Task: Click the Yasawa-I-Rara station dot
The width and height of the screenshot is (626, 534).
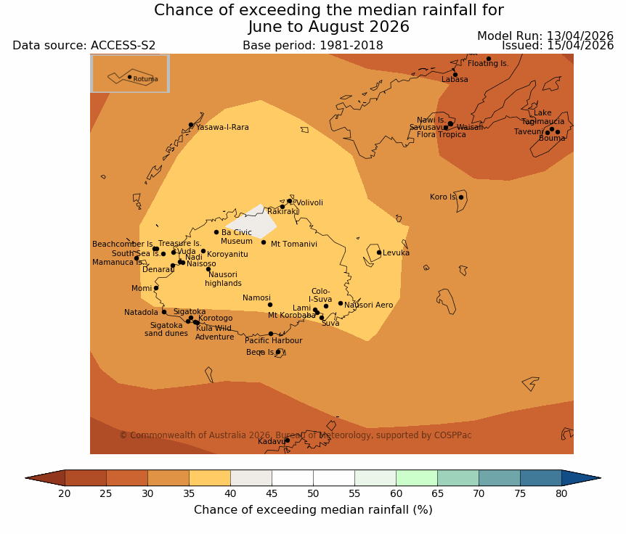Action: (191, 125)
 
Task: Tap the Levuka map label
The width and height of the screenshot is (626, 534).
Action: (396, 253)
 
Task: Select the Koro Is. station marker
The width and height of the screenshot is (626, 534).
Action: (460, 197)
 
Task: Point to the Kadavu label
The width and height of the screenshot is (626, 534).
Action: (272, 441)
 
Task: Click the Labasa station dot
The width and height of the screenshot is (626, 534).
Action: (455, 75)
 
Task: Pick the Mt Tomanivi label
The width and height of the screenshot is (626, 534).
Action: (293, 245)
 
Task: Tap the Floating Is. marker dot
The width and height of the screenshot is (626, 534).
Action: (489, 59)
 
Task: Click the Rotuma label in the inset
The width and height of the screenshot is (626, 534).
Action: (145, 79)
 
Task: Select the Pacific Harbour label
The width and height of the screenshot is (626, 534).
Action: (273, 341)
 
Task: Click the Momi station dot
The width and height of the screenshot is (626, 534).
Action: (156, 288)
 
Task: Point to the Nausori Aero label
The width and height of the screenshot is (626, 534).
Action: (368, 305)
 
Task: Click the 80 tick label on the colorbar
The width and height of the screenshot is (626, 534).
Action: (561, 494)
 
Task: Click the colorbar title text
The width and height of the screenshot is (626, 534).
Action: (313, 510)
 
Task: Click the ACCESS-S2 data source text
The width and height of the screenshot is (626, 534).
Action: (123, 46)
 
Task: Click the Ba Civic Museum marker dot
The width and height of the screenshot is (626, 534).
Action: (216, 232)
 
